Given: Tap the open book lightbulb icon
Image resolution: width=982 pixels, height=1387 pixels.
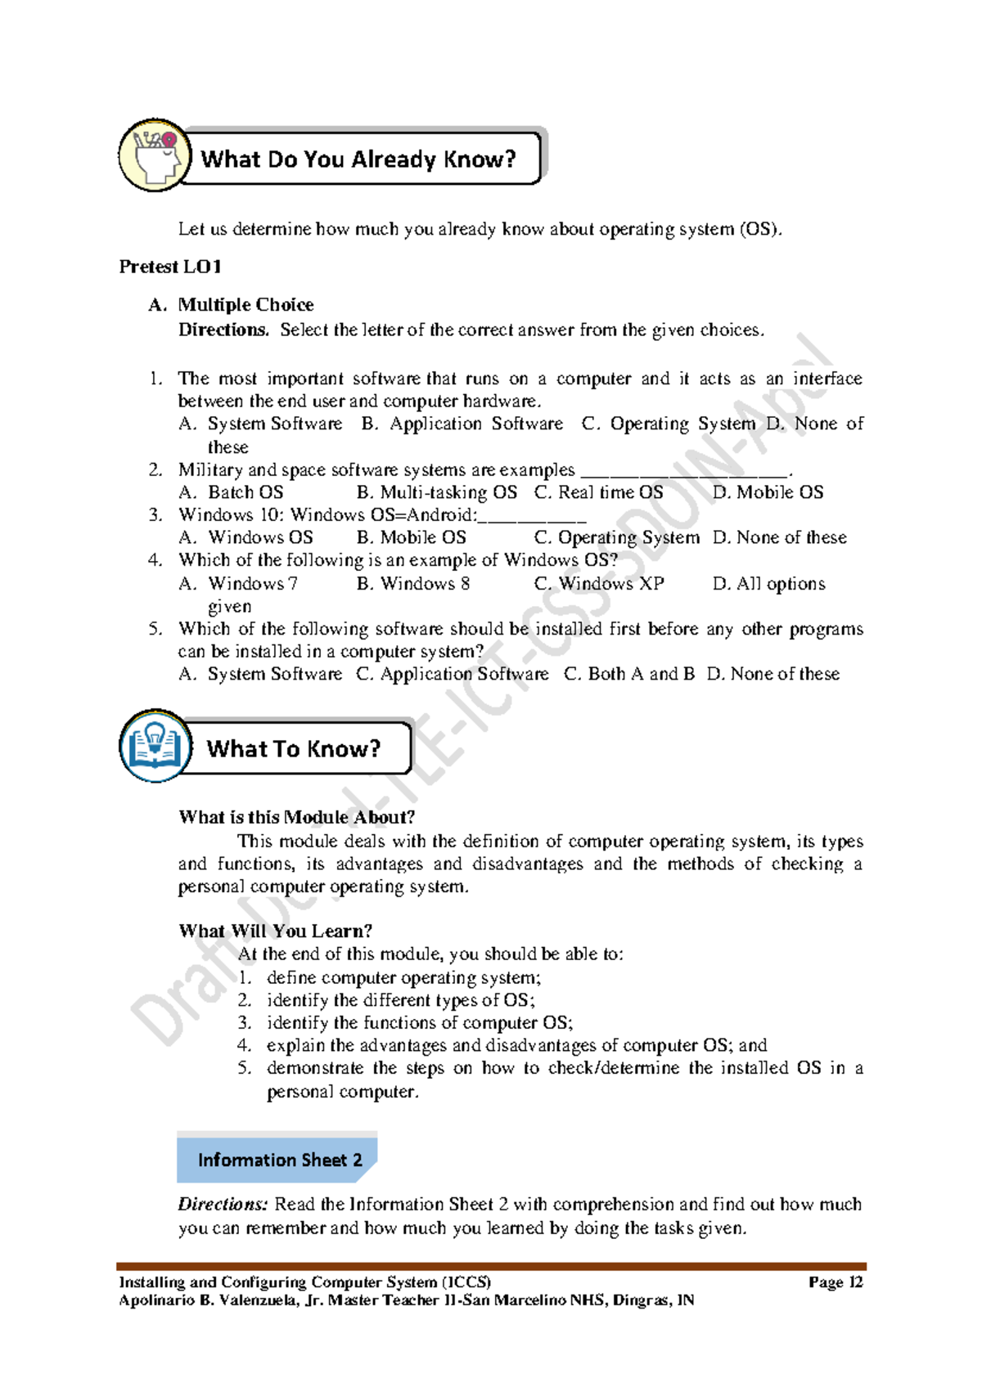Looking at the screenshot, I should point(155,745).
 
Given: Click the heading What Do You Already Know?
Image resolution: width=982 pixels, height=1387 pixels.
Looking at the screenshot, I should point(358,159).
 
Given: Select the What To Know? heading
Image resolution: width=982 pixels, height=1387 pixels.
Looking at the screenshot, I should point(294,748).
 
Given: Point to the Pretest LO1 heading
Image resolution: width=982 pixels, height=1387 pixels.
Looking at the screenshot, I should point(170,267).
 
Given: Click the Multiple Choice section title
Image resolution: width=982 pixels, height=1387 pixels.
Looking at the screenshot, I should point(245,305).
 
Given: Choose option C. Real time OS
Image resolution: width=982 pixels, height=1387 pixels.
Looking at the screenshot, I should point(598,492).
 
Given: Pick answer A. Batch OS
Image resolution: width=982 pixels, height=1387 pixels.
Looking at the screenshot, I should point(232,492).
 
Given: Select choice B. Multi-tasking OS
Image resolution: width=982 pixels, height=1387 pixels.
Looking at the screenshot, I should point(437,492).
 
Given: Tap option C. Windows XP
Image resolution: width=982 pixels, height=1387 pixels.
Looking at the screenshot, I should point(599,584).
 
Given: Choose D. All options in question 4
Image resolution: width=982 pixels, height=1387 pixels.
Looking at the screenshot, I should point(768,584).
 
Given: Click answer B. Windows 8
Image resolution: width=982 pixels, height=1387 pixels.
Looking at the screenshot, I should point(413,584).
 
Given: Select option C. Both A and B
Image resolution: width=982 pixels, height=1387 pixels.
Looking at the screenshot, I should point(629,674).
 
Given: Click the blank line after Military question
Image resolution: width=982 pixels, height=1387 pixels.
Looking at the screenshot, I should point(685,472).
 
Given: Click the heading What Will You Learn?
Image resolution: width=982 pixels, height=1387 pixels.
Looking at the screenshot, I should point(275,931).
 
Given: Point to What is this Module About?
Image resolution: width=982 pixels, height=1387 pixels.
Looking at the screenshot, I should point(296,817).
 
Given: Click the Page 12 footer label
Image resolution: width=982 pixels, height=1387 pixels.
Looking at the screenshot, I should point(835,1282).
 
